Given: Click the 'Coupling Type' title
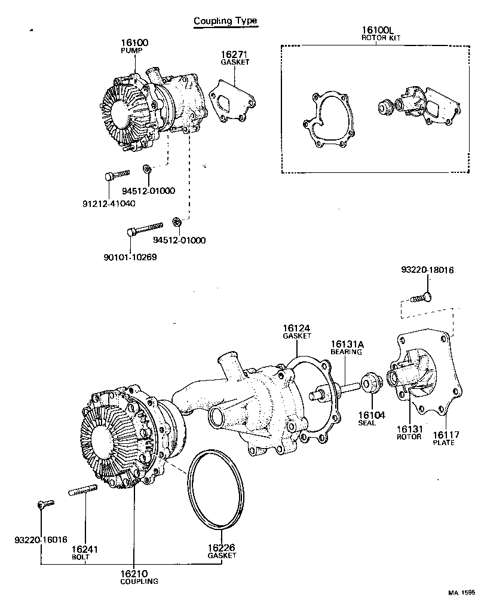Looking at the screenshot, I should (x=225, y=21).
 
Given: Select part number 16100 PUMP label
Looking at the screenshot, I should (x=134, y=46).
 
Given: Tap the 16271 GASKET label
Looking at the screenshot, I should (x=234, y=57).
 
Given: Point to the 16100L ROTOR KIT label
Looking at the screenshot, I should (x=381, y=33).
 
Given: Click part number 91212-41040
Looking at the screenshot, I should (x=109, y=203).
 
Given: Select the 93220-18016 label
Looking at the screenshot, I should (x=427, y=270).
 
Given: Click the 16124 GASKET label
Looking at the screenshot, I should (x=297, y=331).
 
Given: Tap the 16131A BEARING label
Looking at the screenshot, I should (x=347, y=348).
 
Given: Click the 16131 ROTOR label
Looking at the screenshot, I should (x=409, y=433).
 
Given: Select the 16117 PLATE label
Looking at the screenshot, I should (x=443, y=439).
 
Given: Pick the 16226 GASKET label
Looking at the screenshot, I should (x=222, y=551).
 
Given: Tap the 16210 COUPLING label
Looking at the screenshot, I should (x=139, y=577).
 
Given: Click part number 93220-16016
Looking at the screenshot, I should (x=41, y=540).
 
